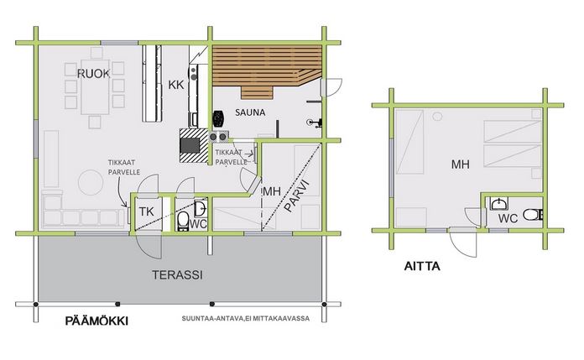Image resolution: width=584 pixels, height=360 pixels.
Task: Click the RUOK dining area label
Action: [x=93, y=74]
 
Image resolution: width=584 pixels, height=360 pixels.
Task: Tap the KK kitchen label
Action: [x=176, y=85]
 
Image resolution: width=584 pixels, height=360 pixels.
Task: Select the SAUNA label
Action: [x=250, y=112]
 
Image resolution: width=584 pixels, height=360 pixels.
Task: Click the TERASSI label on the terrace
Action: [x=177, y=275]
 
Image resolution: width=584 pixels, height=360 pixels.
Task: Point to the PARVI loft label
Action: [x=297, y=196]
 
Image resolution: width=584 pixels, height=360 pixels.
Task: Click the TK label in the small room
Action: [x=146, y=211]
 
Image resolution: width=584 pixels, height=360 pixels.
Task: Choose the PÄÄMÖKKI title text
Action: [x=96, y=321]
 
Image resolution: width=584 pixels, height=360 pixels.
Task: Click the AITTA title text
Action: [x=422, y=266]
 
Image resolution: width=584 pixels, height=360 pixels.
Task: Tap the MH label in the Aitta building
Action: [x=461, y=164]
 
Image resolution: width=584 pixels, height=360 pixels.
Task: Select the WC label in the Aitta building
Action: [x=508, y=218]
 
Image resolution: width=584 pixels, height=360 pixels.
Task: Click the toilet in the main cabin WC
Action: [x=183, y=221]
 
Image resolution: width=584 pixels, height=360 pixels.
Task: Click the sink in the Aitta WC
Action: [x=498, y=203]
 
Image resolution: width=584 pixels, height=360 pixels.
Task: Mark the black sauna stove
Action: [x=218, y=118]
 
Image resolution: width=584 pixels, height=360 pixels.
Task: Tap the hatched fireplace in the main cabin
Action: [x=193, y=145]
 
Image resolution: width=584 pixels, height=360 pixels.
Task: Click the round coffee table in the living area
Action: [x=91, y=182]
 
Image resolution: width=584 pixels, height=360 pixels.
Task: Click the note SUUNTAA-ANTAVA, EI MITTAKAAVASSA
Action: [x=246, y=319]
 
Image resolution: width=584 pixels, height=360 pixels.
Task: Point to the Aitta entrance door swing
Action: [x=463, y=243]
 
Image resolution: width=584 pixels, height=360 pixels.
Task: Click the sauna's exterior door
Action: [x=331, y=87]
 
